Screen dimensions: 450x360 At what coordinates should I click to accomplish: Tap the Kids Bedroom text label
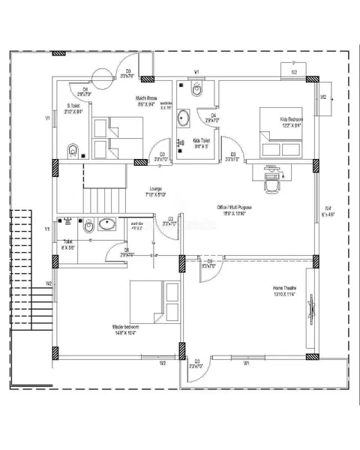[292, 119]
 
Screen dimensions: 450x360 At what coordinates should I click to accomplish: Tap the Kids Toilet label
[201, 140]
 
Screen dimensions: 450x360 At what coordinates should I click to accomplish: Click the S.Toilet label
[73, 106]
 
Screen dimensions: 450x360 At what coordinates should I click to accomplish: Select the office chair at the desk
[273, 181]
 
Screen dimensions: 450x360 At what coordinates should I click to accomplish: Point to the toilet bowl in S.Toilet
[73, 149]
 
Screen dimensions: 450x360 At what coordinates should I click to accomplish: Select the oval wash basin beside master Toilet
[106, 223]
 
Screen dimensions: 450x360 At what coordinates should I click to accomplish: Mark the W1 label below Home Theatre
[247, 363]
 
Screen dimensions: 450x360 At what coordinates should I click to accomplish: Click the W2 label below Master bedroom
[161, 363]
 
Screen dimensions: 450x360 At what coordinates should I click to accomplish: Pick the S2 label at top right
[294, 72]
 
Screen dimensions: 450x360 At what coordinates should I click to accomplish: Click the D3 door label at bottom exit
[197, 361]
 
